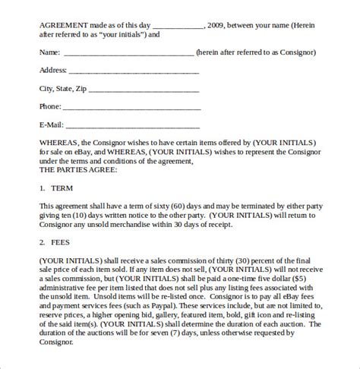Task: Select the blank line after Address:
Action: pyautogui.click(x=134, y=72)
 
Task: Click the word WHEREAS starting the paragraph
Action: pyautogui.click(x=61, y=143)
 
